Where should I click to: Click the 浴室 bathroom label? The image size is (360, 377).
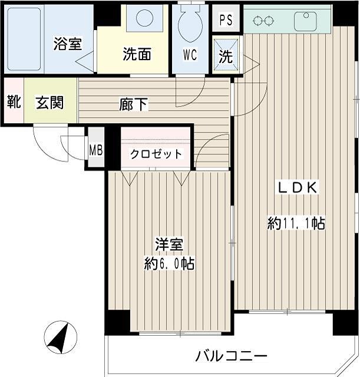(67, 44)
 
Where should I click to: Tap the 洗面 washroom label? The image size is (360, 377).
(137, 54)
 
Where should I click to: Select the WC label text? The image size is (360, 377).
(190, 56)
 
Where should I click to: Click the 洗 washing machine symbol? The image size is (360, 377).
(226, 57)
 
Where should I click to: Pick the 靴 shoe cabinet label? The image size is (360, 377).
(13, 101)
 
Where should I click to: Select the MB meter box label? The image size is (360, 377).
(95, 150)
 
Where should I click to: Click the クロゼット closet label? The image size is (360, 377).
(156, 154)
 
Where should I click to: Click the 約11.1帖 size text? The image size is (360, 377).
(296, 223)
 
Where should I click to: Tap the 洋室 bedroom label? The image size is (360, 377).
(169, 244)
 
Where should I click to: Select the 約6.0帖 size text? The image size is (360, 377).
(169, 263)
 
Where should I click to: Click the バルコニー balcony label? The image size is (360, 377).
(231, 356)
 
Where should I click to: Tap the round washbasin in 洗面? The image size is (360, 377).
(144, 18)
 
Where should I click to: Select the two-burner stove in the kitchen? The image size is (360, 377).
(263, 20)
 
